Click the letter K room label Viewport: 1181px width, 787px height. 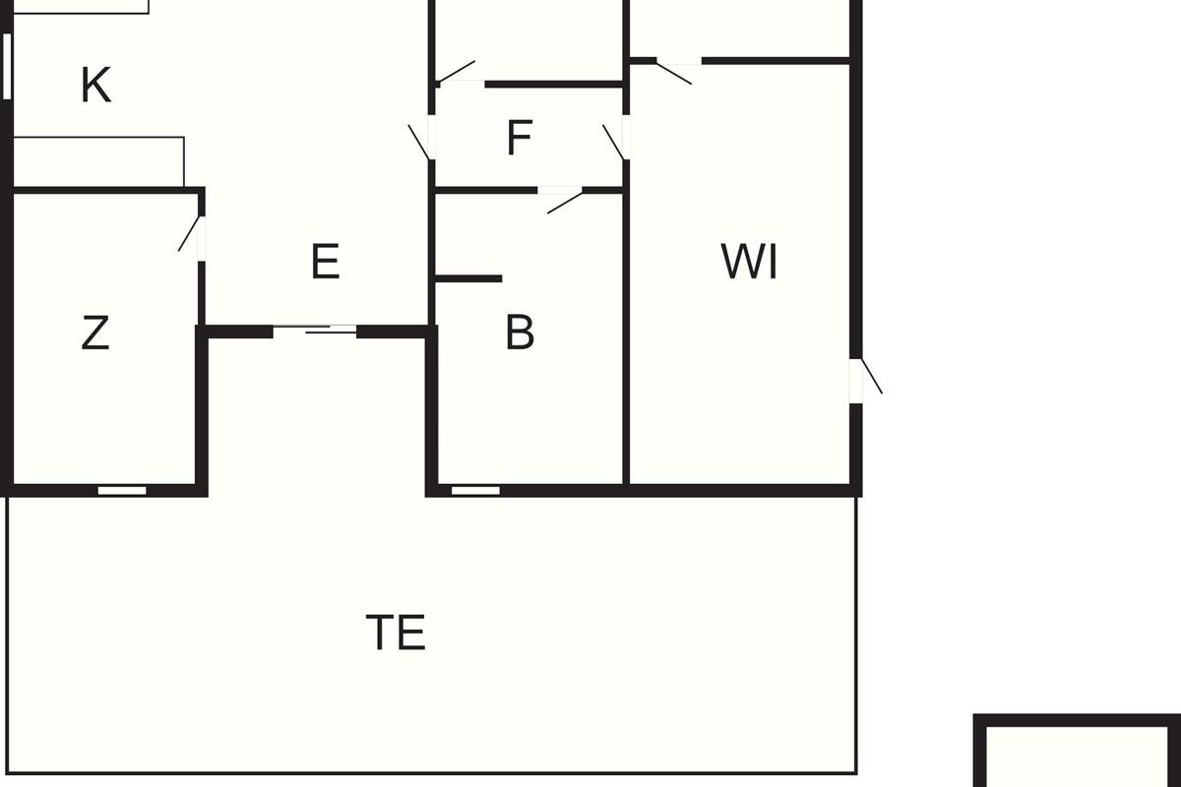95,86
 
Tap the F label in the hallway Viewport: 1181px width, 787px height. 520,139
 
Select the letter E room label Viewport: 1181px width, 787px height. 325,263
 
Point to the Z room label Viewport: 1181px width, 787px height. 94,333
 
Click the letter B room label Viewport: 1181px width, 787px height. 520,333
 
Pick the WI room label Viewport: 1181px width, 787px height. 750,263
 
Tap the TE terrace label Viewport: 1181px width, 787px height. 396,633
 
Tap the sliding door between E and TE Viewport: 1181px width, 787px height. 315,331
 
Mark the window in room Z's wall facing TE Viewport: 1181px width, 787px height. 122,490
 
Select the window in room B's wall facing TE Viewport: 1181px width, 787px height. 475,490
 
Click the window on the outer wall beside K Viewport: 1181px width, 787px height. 7,66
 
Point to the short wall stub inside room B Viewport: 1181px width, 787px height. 469,279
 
